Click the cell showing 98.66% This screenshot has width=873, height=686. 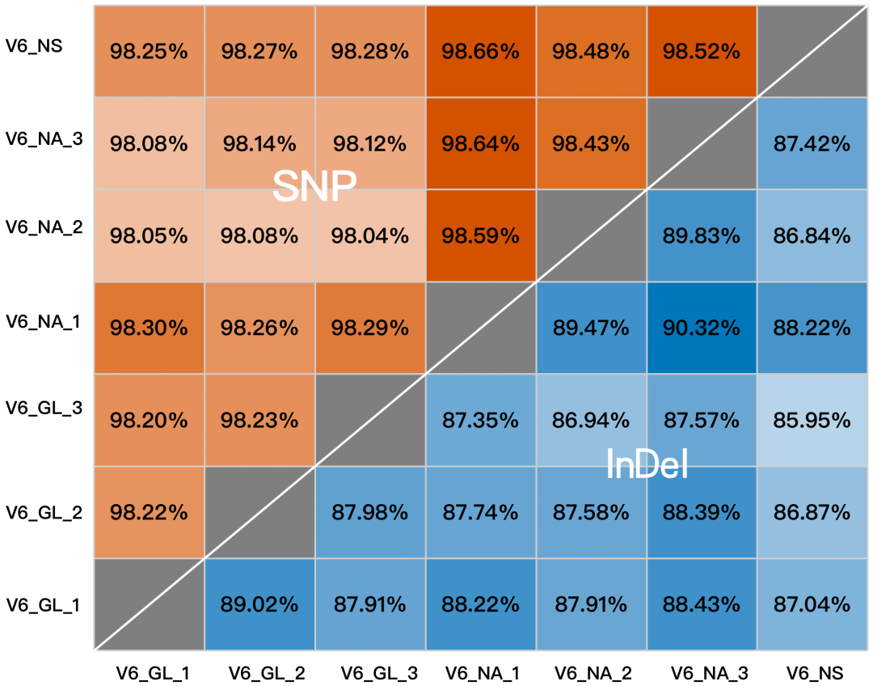(x=480, y=52)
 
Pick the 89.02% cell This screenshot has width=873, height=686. (x=259, y=604)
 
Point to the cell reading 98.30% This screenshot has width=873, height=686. (x=149, y=328)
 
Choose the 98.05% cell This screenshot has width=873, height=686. (x=149, y=236)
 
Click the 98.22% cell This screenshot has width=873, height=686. (x=149, y=512)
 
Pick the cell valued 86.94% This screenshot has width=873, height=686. (x=590, y=420)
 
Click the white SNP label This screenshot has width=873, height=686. (x=314, y=187)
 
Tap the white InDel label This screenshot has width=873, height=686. (x=647, y=465)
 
